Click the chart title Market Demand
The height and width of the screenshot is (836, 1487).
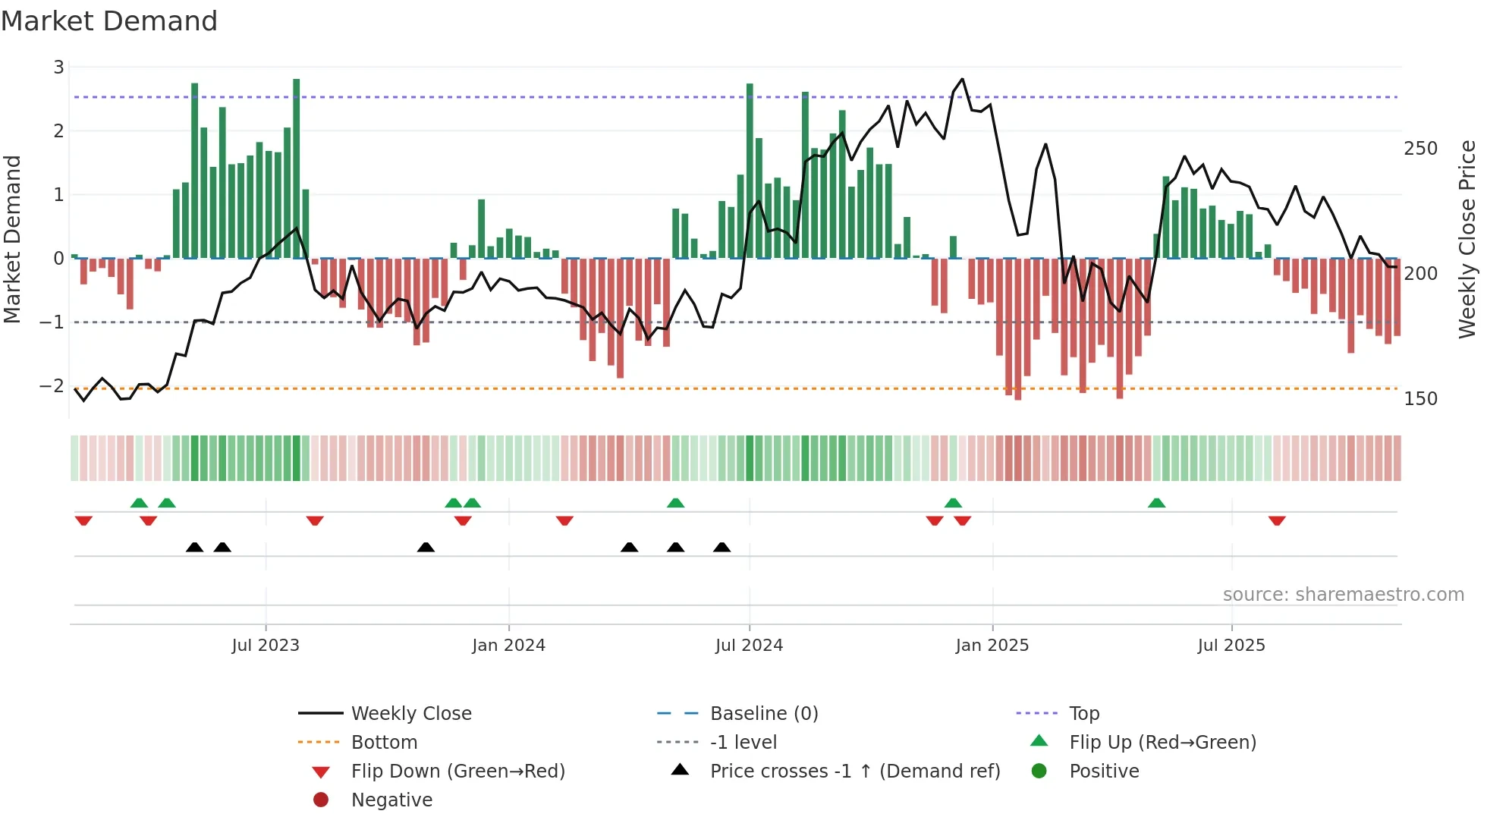(x=109, y=21)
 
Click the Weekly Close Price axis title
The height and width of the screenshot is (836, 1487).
(x=1467, y=239)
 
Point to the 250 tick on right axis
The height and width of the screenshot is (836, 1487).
(x=1420, y=149)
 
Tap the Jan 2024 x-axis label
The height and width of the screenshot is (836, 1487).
(x=508, y=646)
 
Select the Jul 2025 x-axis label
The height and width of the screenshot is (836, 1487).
(x=1231, y=646)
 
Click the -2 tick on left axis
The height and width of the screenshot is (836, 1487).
(x=52, y=386)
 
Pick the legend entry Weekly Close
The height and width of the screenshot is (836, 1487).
(x=411, y=714)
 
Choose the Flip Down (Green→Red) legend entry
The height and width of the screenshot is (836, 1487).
(x=457, y=772)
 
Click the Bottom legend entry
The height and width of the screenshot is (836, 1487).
(x=384, y=743)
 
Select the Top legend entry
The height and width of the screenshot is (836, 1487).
(x=1084, y=714)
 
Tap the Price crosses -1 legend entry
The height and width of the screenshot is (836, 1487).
(x=855, y=772)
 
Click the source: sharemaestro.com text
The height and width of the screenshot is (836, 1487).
(x=1343, y=595)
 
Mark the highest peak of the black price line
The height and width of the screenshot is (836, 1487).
(x=963, y=79)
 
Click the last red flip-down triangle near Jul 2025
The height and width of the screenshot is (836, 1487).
(x=1277, y=520)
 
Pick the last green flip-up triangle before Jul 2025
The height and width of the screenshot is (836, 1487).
(x=1156, y=503)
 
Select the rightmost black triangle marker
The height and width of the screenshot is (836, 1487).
(x=722, y=548)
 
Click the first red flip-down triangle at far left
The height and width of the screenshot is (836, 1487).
(x=83, y=520)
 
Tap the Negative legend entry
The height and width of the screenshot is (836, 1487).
(x=391, y=800)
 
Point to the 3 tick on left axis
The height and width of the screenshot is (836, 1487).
(x=58, y=68)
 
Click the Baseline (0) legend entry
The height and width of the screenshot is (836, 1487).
(x=764, y=714)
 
